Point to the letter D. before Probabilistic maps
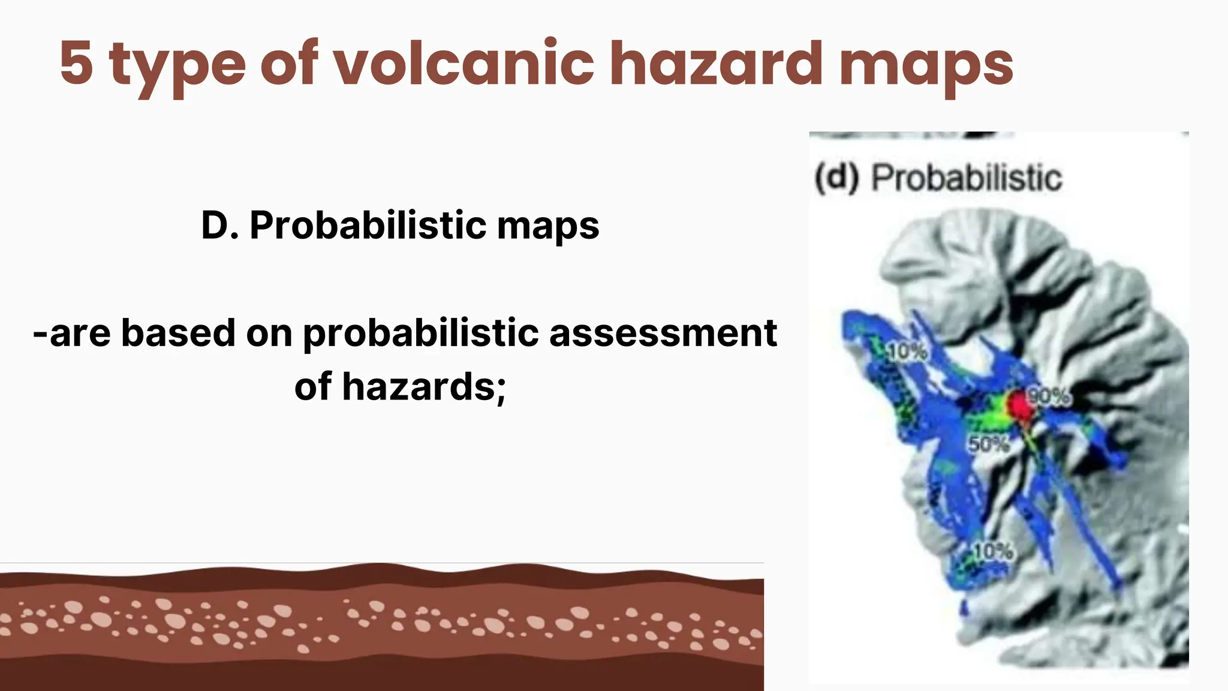click(219, 226)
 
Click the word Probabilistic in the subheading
click(368, 226)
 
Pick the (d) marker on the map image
click(836, 178)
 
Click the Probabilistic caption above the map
click(966, 178)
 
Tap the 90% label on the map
click(1049, 396)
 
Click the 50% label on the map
click(989, 444)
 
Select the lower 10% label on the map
click(993, 551)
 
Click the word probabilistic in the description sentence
click(420, 334)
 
